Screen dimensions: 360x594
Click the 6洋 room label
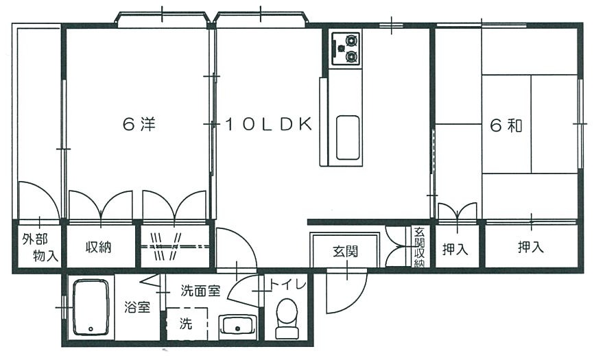[x=139, y=125]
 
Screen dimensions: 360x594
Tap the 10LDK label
[x=269, y=125]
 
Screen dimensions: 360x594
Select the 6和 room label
[x=507, y=125]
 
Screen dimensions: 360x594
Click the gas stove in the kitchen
[x=344, y=48]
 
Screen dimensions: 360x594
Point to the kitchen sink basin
[x=348, y=137]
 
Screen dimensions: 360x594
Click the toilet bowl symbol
[x=287, y=320]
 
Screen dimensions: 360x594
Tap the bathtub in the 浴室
[x=91, y=309]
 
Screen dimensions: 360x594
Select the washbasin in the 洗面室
[x=237, y=325]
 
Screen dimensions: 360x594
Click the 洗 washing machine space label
[x=186, y=324]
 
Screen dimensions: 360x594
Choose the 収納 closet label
[x=99, y=248]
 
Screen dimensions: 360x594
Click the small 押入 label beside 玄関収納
[x=455, y=249]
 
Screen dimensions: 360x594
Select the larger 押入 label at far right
[x=531, y=248]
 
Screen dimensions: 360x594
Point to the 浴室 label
[x=137, y=307]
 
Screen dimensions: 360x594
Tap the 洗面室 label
[x=200, y=291]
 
